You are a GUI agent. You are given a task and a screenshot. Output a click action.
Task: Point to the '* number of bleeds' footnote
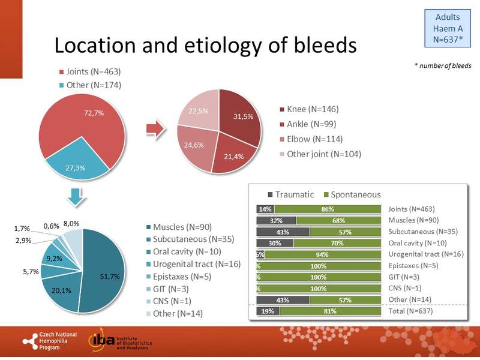(443, 65)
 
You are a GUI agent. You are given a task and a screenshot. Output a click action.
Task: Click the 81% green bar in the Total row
(330, 311)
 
